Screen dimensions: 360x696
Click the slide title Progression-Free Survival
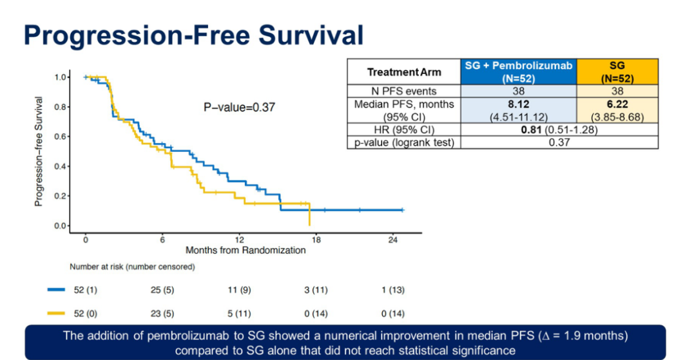point(193,35)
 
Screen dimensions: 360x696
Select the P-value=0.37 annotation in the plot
point(239,107)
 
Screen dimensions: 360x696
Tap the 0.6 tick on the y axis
point(62,137)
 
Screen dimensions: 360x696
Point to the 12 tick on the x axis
point(240,238)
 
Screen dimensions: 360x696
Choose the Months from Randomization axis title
point(246,250)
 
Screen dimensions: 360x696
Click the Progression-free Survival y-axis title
point(39,152)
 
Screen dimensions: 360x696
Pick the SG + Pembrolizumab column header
point(517,71)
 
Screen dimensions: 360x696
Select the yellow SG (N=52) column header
point(617,71)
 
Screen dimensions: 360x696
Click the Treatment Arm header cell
point(404,72)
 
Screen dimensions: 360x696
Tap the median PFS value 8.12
point(517,104)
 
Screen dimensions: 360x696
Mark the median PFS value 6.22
point(617,104)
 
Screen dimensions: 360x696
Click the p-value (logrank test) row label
point(404,143)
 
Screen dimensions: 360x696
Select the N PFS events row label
point(404,91)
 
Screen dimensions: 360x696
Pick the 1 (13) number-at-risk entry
point(392,290)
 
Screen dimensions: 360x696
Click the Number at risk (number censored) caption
point(133,266)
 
